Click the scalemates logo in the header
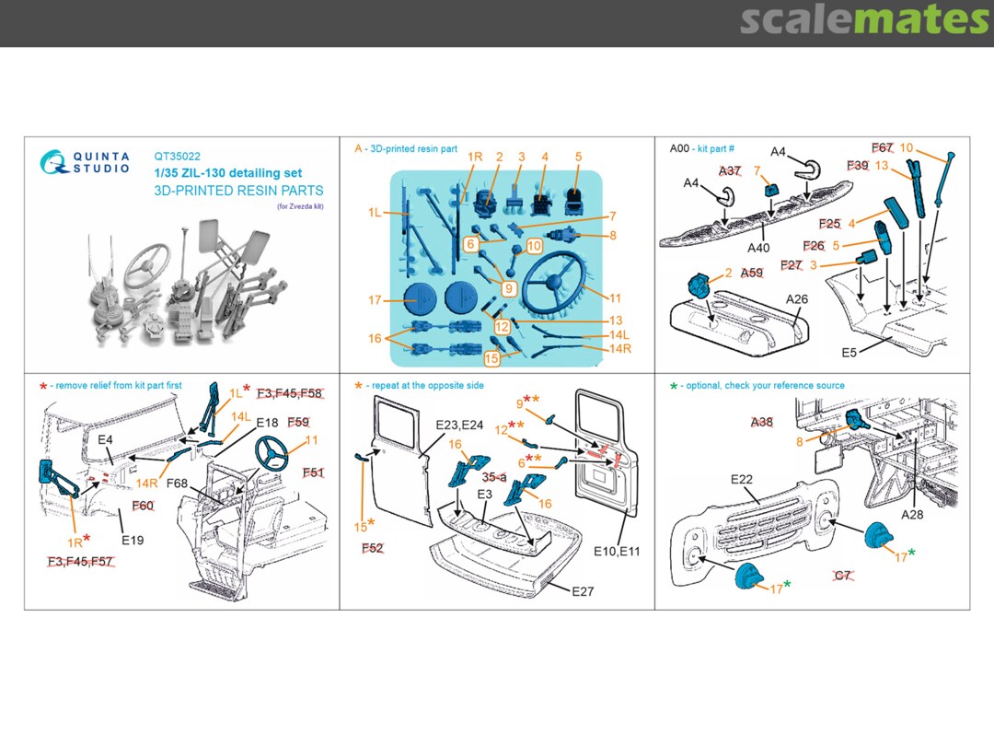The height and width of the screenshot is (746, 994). tap(864, 20)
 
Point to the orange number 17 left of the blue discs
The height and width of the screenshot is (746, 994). tap(374, 300)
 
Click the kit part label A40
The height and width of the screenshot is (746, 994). tap(758, 248)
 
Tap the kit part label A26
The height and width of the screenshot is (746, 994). tap(796, 299)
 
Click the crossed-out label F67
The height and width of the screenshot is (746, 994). tap(883, 148)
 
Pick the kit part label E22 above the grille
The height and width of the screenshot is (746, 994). tap(742, 480)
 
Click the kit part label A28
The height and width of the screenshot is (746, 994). tap(912, 514)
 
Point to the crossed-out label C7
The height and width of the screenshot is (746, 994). tap(842, 576)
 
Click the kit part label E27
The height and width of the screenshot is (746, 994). tap(583, 591)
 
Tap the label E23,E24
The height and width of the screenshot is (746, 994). tap(459, 425)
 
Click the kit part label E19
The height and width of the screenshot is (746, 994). tap(132, 540)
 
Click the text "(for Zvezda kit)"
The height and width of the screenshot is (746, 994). tap(300, 206)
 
